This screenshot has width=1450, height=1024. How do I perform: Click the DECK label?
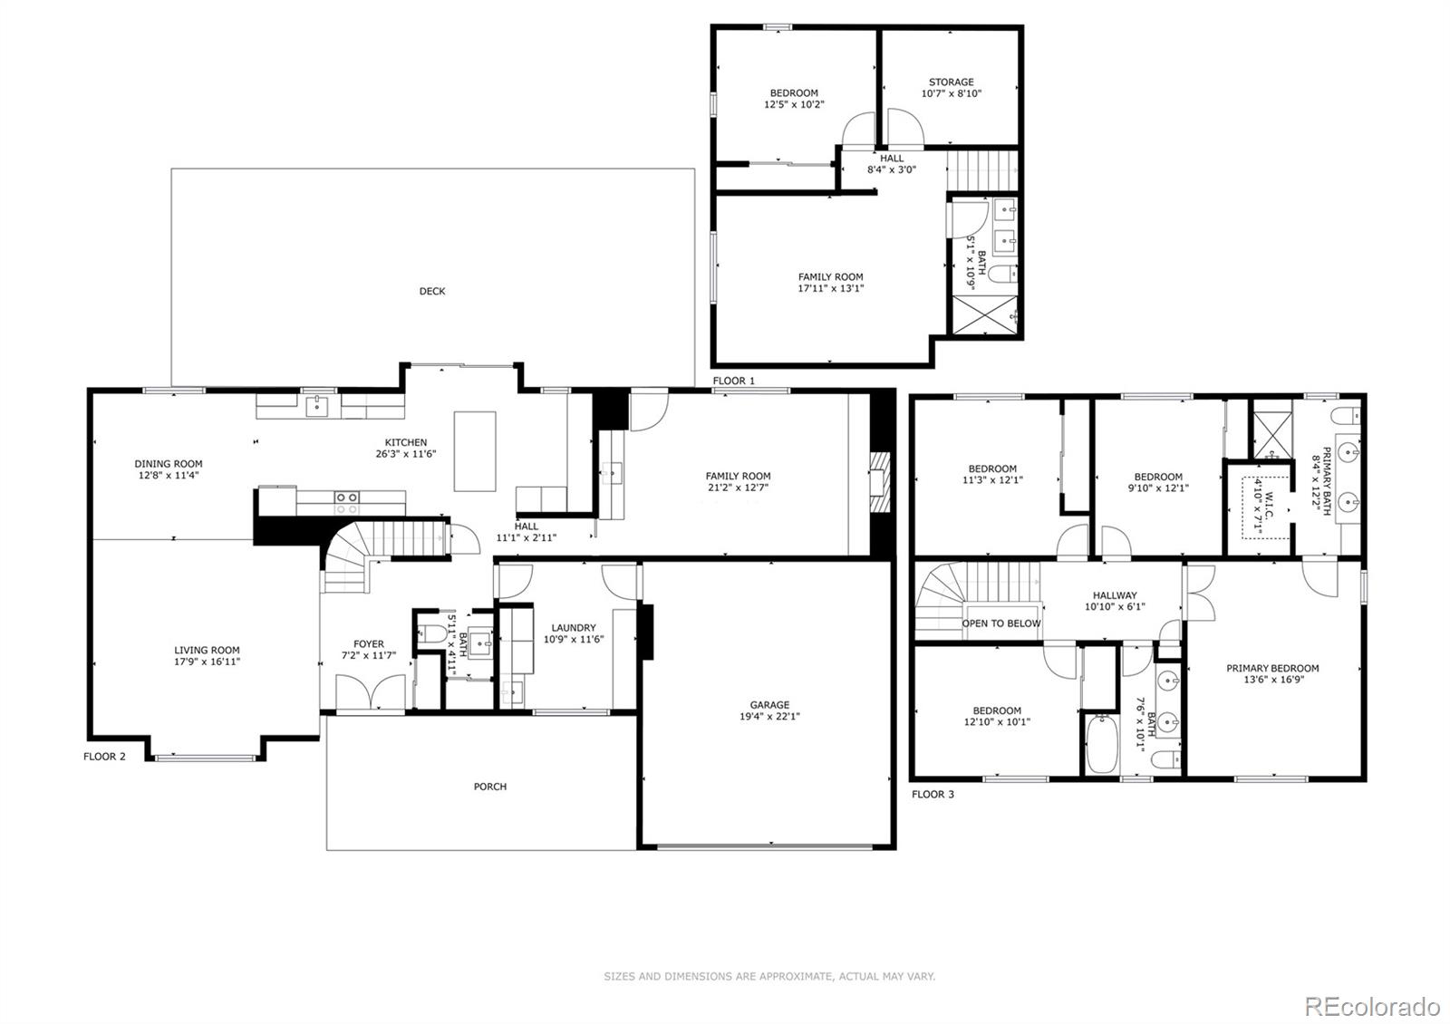click(432, 292)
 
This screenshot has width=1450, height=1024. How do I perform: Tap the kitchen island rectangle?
click(475, 450)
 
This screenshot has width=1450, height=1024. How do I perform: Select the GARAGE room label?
click(769, 705)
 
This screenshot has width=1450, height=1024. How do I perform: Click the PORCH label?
click(490, 787)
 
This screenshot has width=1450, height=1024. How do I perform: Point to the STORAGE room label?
click(951, 82)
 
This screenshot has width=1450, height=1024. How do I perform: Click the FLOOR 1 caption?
click(733, 381)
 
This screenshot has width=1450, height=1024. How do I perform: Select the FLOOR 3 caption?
click(933, 795)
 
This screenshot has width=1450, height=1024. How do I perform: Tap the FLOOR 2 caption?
click(104, 757)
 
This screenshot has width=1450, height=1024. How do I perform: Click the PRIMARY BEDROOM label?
click(1272, 669)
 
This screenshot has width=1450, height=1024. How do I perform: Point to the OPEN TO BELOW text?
click(1001, 623)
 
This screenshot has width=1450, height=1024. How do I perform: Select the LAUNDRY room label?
click(574, 628)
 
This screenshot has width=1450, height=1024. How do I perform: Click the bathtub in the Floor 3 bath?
click(1101, 744)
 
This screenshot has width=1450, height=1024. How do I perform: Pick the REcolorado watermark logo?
click(1371, 1007)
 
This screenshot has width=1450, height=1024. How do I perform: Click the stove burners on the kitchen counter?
click(346, 498)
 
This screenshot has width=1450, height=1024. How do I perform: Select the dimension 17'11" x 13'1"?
click(830, 289)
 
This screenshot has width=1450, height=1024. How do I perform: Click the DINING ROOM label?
click(169, 464)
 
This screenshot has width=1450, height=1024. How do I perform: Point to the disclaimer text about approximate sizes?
click(769, 977)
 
